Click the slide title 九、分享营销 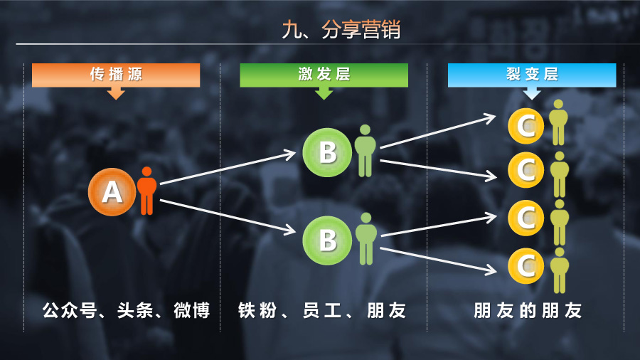(x=341, y=31)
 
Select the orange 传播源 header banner (x=116, y=75)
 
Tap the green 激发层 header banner (x=324, y=75)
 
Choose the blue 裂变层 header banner (x=532, y=75)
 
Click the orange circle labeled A (x=111, y=191)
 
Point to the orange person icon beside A (x=146, y=191)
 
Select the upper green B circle (x=326, y=152)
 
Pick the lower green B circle (x=326, y=240)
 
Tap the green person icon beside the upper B (x=365, y=151)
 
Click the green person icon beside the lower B (x=366, y=238)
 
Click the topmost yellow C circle (x=525, y=127)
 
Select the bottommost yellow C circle (x=525, y=266)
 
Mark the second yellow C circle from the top (x=525, y=169)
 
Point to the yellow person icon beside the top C (x=559, y=123)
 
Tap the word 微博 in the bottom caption (x=191, y=311)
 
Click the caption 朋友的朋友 (x=528, y=311)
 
